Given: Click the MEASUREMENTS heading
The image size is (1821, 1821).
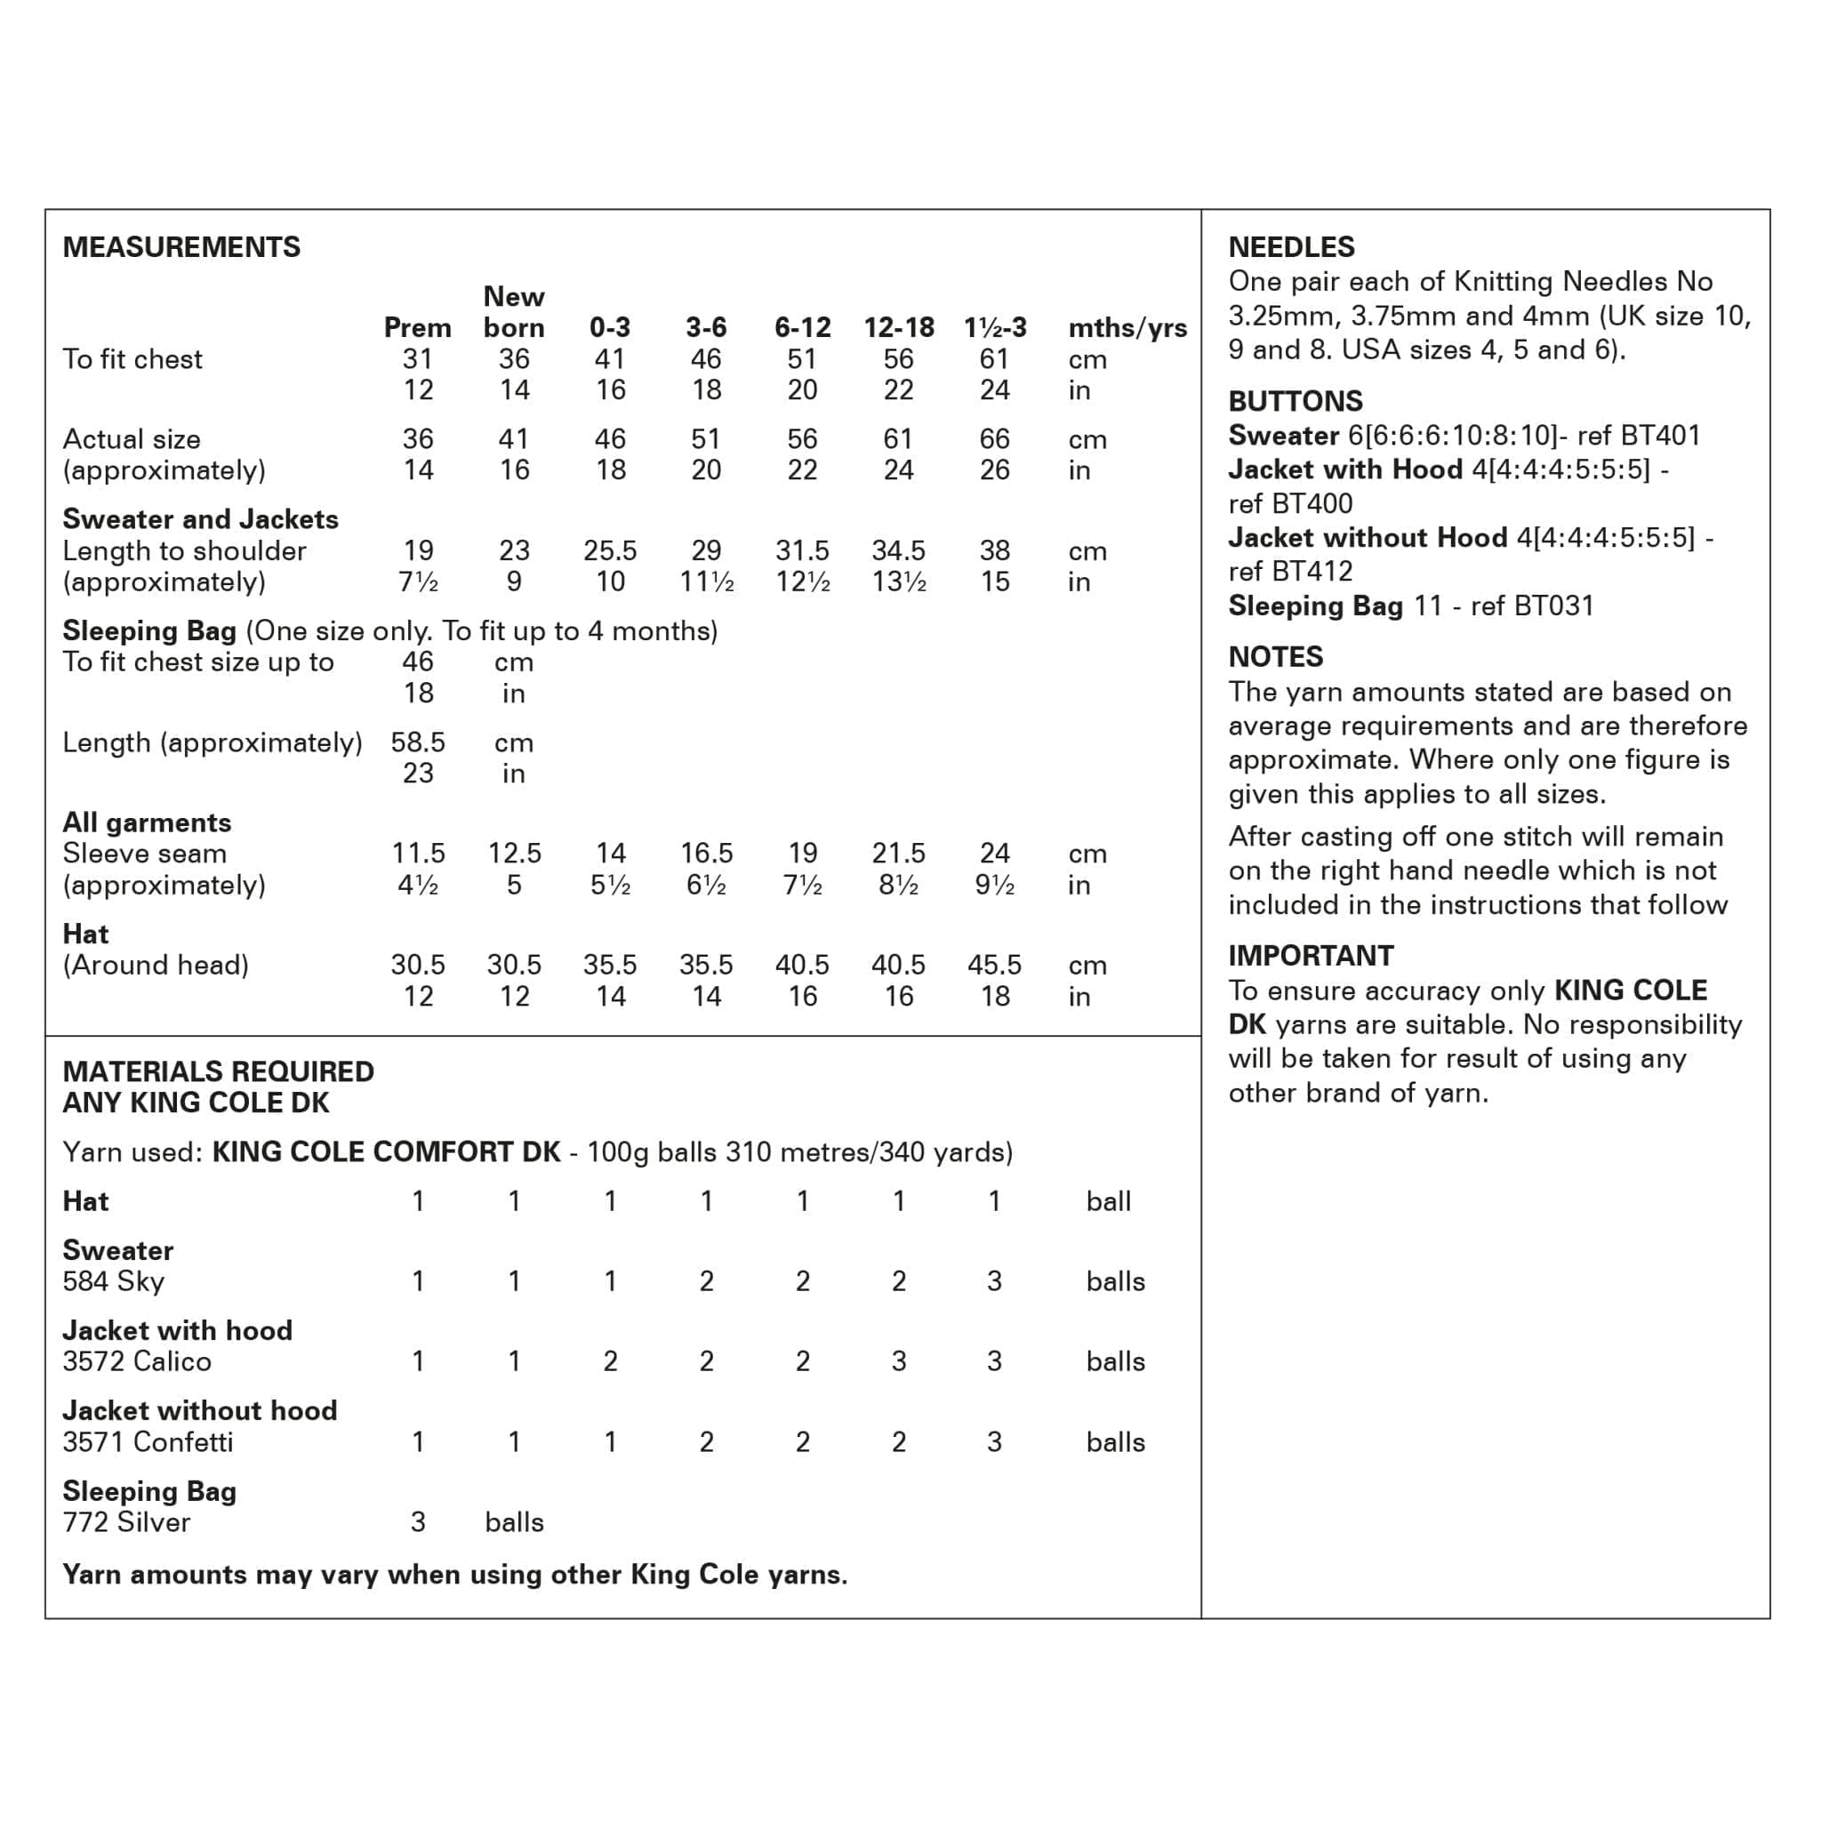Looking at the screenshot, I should (181, 247).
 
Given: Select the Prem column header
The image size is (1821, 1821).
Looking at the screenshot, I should (417, 328).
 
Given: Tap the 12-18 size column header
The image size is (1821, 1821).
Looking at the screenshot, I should (898, 328).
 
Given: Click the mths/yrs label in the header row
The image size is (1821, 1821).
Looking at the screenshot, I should (1127, 328).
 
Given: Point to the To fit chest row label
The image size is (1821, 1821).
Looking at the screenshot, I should (132, 359).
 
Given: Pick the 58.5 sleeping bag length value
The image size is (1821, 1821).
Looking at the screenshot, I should (418, 742).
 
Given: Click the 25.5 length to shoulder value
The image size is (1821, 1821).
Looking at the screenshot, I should (610, 550).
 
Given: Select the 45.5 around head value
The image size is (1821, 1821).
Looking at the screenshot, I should (994, 964).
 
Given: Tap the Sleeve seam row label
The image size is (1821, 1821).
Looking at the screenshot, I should (144, 853).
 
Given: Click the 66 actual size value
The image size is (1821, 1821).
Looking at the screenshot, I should (994, 439).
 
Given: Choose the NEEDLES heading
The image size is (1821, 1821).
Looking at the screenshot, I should (1290, 247).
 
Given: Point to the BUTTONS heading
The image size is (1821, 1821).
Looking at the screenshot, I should (1295, 402).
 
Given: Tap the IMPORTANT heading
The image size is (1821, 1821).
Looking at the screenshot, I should (1310, 956).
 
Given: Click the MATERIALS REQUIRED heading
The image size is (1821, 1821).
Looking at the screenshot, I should (218, 1071).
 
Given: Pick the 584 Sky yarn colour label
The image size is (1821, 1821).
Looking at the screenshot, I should (113, 1281).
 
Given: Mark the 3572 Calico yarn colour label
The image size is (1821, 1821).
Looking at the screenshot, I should (137, 1361).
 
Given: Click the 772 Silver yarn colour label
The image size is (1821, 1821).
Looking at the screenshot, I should (126, 1522).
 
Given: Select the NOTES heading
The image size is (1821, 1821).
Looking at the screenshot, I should (1275, 657).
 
